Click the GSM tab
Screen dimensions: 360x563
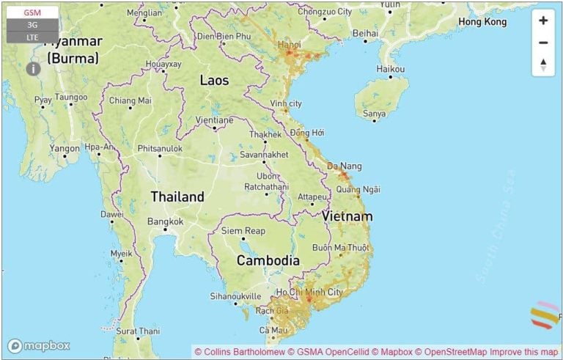tap(32, 12)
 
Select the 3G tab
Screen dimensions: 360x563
tap(32, 25)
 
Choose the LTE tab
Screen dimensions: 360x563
tap(32, 37)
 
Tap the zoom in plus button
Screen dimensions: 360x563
tap(543, 21)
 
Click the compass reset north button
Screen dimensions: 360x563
tap(543, 65)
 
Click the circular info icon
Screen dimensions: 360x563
tap(33, 69)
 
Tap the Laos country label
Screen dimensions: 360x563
tap(214, 80)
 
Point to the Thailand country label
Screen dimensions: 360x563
tap(177, 196)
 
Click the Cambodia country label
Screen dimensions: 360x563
tap(268, 260)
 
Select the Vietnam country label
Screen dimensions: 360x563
tap(347, 216)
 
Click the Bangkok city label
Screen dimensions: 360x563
tap(165, 221)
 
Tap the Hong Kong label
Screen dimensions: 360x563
tap(482, 22)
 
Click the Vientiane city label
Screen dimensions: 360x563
tap(215, 120)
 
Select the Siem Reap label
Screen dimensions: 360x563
tap(243, 231)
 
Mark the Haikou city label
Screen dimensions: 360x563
tap(391, 69)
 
